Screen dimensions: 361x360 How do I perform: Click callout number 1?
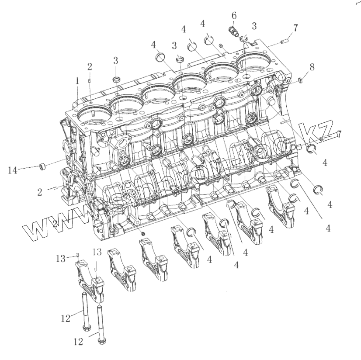pyautogui.click(x=77, y=81)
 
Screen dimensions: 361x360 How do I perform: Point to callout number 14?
pyautogui.click(x=13, y=169)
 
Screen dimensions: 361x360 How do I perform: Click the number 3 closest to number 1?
pyautogui.click(x=116, y=60)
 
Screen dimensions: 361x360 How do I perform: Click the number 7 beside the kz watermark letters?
pyautogui.click(x=337, y=135)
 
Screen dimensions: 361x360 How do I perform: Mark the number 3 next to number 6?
pyautogui.click(x=254, y=26)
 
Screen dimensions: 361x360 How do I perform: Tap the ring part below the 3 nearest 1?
pyautogui.click(x=116, y=80)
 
